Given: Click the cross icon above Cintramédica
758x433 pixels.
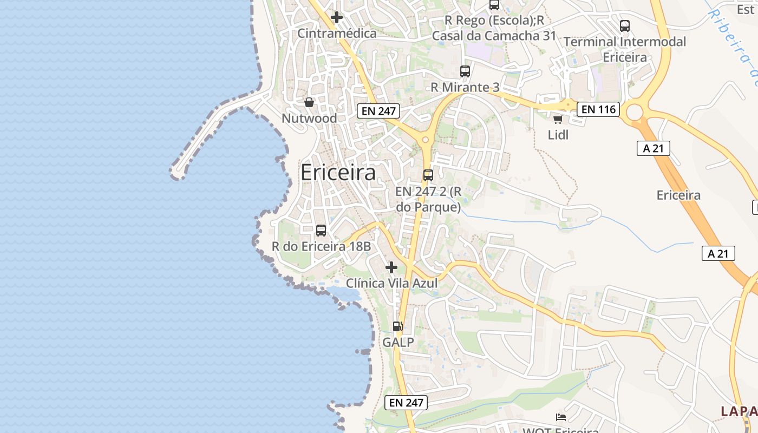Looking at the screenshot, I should [337, 17].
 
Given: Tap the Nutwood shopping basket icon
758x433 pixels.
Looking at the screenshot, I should [309, 102].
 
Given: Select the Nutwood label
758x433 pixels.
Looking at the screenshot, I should [309, 118].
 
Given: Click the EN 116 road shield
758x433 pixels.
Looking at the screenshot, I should [597, 109].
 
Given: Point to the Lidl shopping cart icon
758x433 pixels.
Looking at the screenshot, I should [558, 119].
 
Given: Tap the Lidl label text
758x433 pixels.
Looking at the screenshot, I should [558, 135].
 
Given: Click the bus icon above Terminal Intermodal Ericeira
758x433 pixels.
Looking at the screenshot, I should [625, 25].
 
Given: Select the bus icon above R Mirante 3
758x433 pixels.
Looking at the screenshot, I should [465, 71].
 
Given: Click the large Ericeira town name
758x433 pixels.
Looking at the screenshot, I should [338, 173].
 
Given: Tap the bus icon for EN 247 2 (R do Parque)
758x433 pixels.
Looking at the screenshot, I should [428, 175].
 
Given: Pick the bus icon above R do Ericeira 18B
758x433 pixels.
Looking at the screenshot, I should [321, 231].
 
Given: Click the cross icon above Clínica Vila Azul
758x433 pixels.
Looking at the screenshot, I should [391, 267].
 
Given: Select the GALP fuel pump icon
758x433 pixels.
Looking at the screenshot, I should [398, 326].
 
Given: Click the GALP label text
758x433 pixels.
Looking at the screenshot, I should [398, 342].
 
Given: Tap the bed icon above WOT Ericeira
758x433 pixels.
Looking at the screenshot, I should [561, 417].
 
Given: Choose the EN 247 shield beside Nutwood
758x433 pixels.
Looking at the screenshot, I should [378, 111].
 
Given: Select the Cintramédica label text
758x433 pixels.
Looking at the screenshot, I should [337, 34].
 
